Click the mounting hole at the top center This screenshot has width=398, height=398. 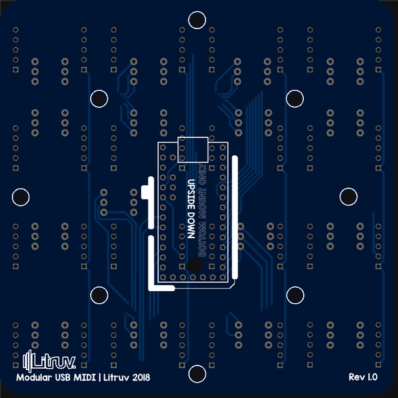[197, 20]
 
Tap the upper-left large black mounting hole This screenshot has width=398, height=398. [99, 98]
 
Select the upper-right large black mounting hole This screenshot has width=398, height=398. [295, 98]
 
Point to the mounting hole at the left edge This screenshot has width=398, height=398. [21, 196]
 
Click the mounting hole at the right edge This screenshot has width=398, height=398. [349, 196]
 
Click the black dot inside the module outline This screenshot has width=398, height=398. [194, 265]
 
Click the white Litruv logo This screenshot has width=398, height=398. [50, 362]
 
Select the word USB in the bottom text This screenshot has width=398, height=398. [66, 377]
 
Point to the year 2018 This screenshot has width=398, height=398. [141, 377]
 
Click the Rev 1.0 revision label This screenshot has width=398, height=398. [363, 377]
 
